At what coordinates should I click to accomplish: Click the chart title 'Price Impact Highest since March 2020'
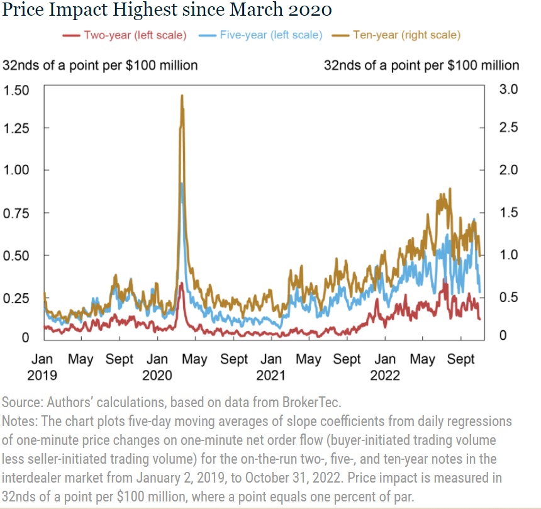[x=167, y=11]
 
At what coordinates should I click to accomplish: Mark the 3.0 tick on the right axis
[x=509, y=89]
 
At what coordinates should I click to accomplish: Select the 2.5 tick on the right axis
[x=509, y=128]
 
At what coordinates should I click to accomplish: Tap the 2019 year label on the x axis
[x=42, y=376]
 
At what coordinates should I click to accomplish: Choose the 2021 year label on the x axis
[x=270, y=376]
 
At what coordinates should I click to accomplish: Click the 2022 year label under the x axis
[x=385, y=376]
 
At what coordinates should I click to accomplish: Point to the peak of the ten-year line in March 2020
[x=182, y=96]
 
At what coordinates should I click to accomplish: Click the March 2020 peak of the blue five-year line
[x=182, y=183]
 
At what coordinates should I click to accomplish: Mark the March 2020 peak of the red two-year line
[x=181, y=284]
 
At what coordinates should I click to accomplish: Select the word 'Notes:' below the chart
[x=20, y=420]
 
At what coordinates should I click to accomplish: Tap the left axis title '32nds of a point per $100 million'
[x=101, y=65]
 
